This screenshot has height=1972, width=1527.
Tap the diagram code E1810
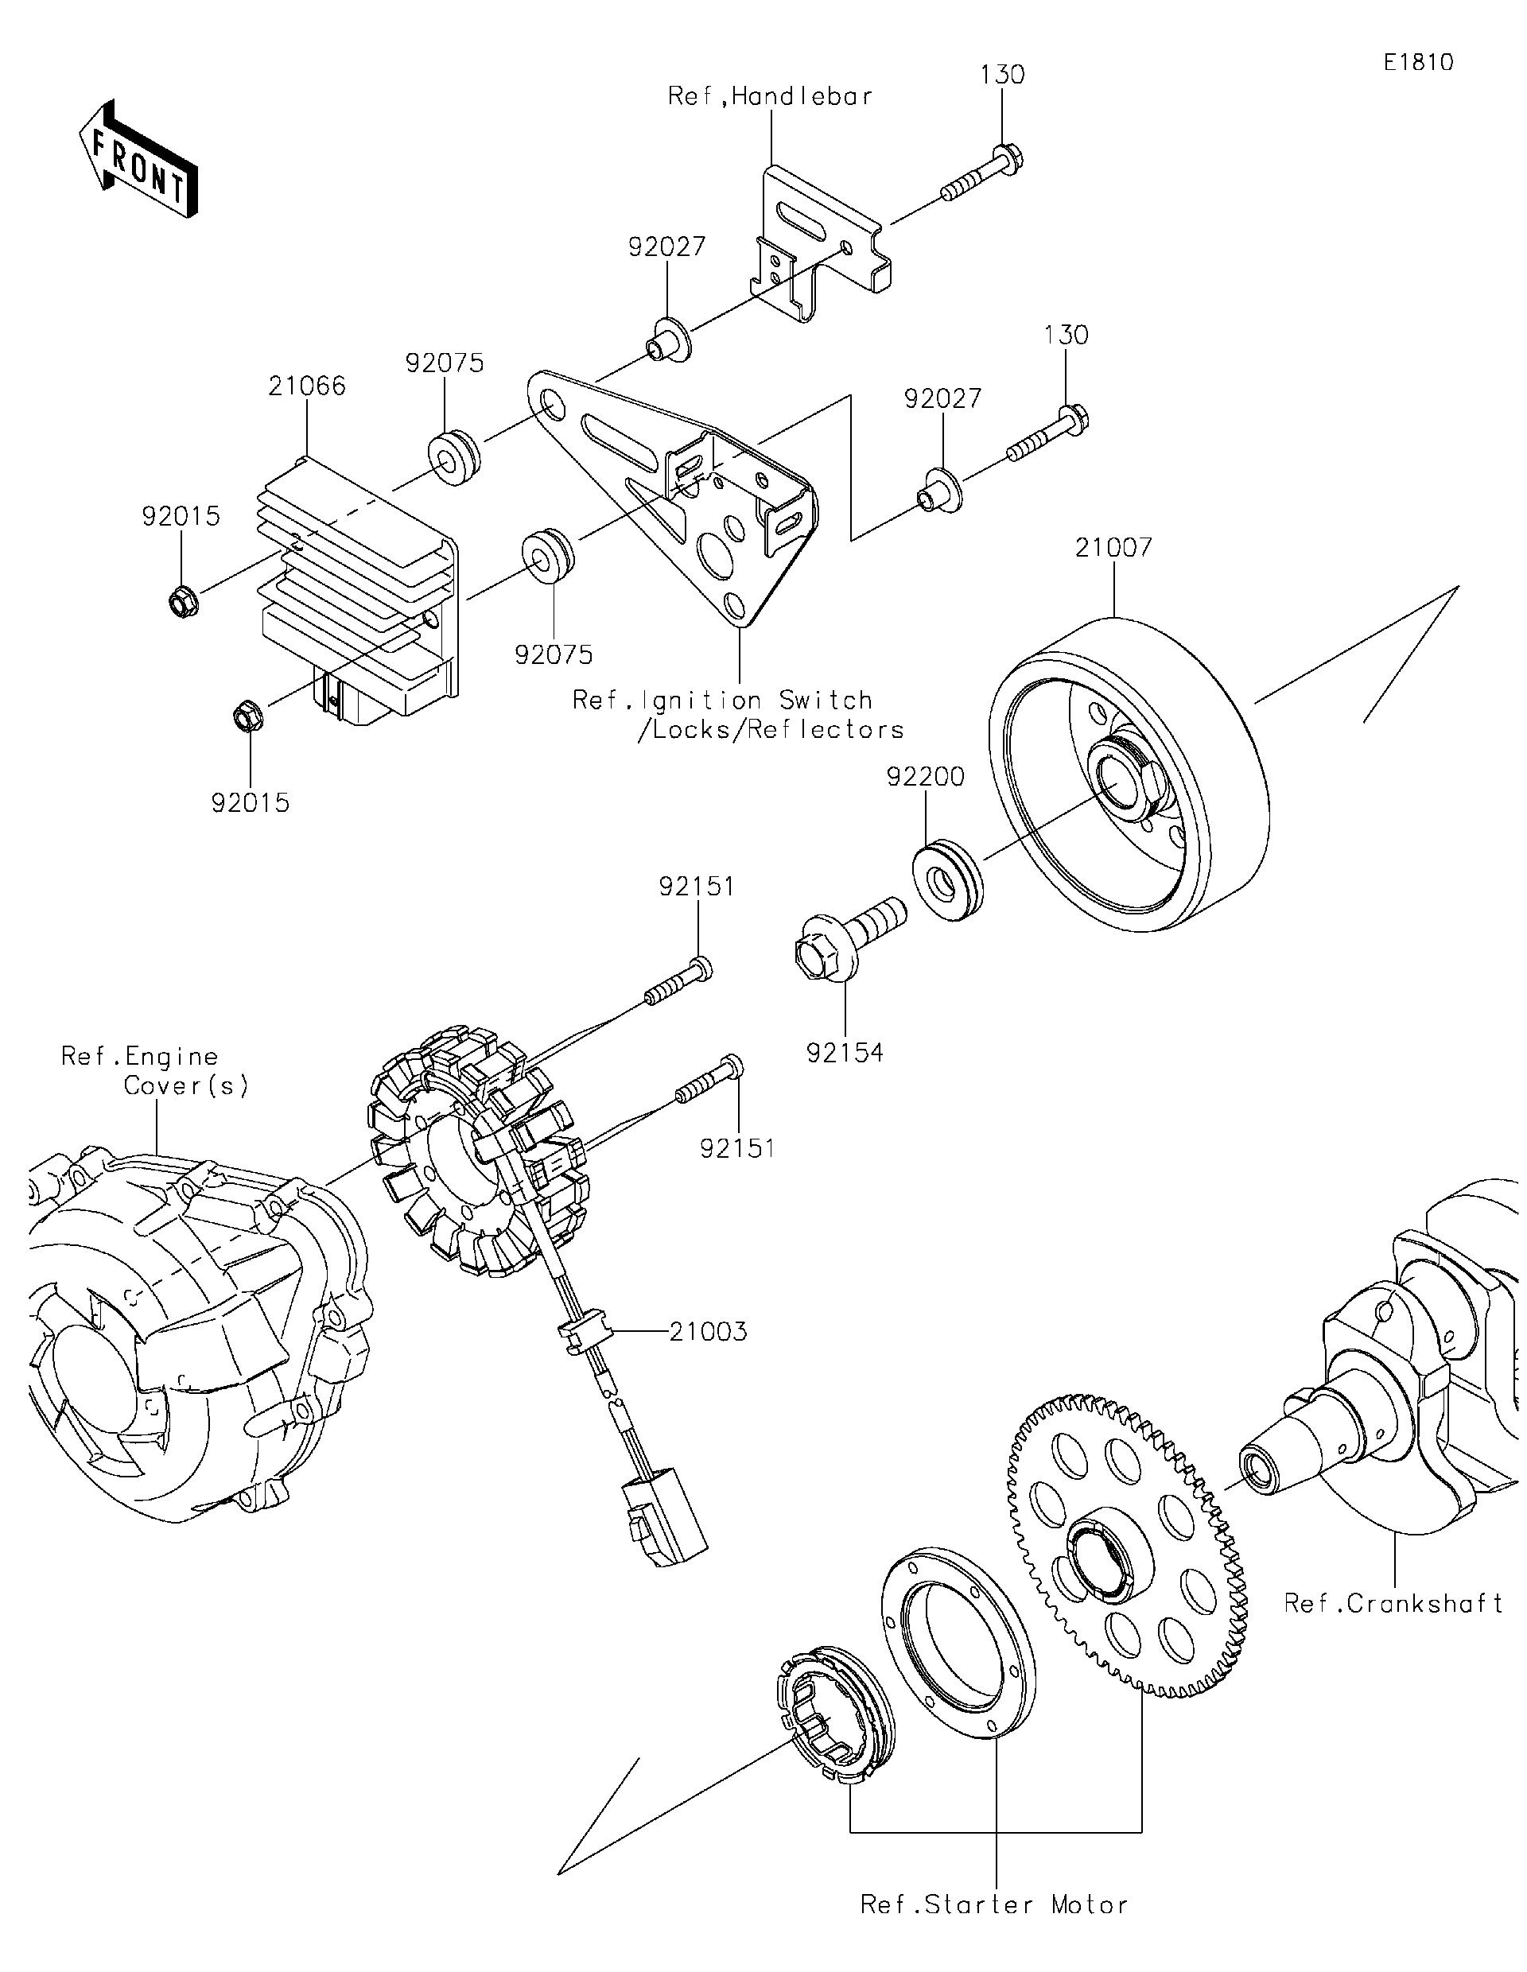[1418, 62]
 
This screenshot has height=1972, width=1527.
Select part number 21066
[306, 386]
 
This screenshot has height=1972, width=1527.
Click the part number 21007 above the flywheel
[1113, 548]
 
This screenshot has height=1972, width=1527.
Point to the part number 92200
[925, 777]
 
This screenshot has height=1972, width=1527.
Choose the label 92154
[845, 1053]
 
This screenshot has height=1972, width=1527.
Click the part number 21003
[708, 1332]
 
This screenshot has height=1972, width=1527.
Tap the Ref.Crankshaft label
[1393, 1604]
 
